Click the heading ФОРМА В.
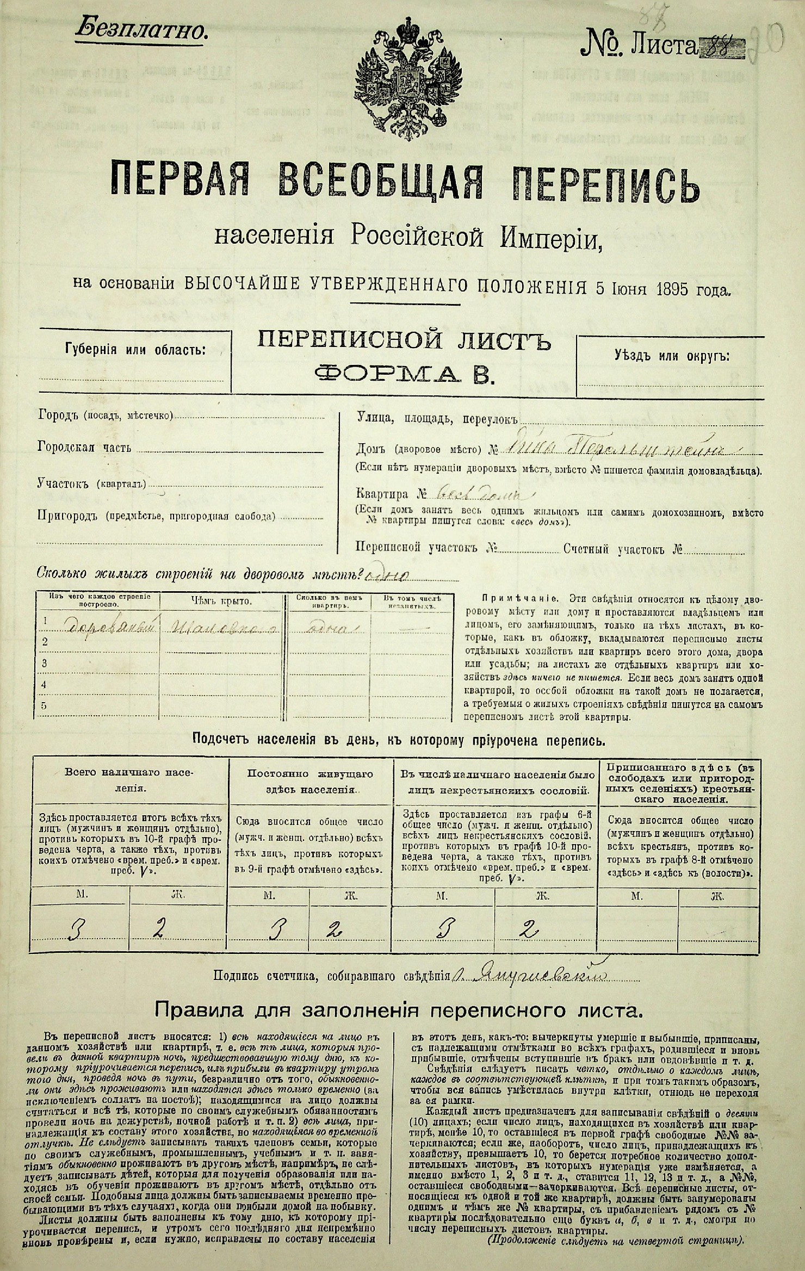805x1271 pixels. pyautogui.click(x=404, y=375)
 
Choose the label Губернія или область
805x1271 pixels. pyautogui.click(x=135, y=349)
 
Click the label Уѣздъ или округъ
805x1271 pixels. pyautogui.click(x=672, y=357)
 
